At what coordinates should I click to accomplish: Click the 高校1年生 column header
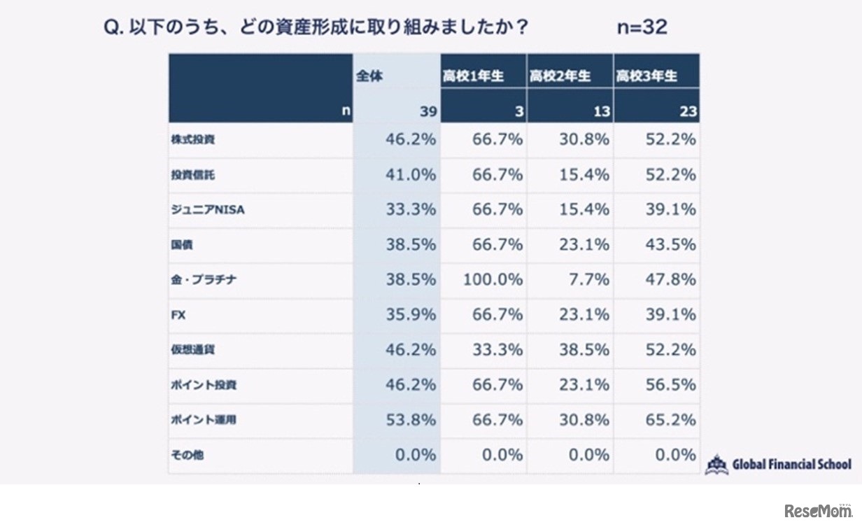pos(473,76)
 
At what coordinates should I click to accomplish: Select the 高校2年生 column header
pos(560,76)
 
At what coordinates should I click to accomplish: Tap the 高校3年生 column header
pos(646,76)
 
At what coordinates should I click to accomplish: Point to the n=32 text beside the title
pos(642,27)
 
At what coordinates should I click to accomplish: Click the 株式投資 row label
pos(192,139)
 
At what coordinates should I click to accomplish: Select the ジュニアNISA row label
pos(208,209)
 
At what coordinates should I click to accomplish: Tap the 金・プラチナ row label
pos(202,280)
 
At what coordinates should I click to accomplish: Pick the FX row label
pos(178,315)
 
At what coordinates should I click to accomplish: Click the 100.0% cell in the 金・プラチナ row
pos(493,280)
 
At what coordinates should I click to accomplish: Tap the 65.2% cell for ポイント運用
pos(670,420)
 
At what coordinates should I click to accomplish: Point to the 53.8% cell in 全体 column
pos(411,420)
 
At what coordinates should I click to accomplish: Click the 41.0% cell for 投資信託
pos(411,174)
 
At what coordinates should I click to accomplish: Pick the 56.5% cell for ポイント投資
pos(670,385)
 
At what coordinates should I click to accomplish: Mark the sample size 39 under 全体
pos(428,111)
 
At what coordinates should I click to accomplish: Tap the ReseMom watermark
pos(818,511)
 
